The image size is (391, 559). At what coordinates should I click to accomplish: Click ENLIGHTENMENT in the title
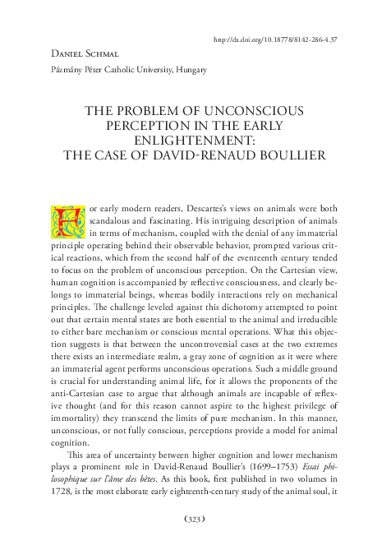pyautogui.click(x=195, y=140)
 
